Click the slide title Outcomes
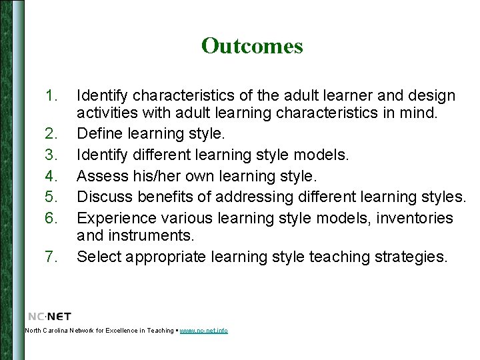[252, 46]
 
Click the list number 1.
[53, 96]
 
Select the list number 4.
[53, 176]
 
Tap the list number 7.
[53, 256]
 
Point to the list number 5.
[53, 197]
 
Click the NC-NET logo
[50, 316]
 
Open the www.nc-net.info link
[203, 331]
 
